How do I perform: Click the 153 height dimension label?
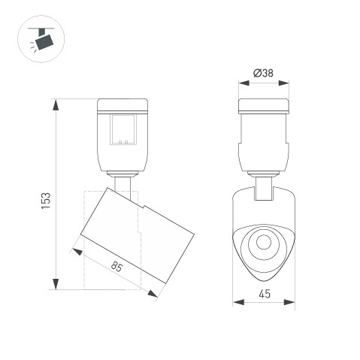click(46, 201)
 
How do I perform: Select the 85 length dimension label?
click(116, 266)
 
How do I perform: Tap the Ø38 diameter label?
click(263, 73)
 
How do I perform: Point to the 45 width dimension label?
click(265, 294)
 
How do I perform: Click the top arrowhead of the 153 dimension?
click(56, 104)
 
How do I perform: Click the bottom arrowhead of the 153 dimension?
click(56, 284)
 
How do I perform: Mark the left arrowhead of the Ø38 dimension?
click(244, 83)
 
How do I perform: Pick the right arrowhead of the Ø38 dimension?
click(283, 83)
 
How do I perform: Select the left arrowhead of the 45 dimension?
click(238, 302)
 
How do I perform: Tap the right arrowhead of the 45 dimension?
click(289, 302)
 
